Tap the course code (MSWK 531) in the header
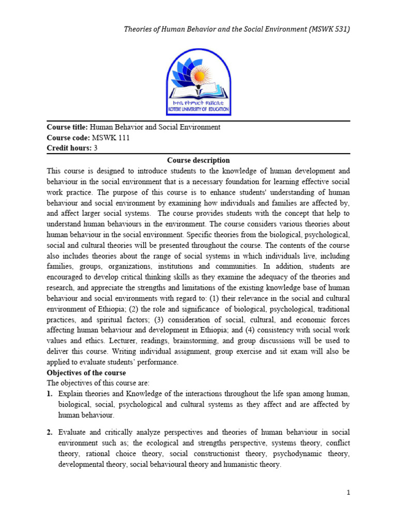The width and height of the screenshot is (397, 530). pyautogui.click(x=328, y=29)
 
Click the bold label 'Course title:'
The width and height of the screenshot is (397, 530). pyautogui.click(x=68, y=127)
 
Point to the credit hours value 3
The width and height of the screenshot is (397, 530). pyautogui.click(x=96, y=148)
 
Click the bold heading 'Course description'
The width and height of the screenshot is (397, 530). pyautogui.click(x=198, y=160)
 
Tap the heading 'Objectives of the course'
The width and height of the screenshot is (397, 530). pyautogui.click(x=86, y=373)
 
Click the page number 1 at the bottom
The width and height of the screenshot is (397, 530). pyautogui.click(x=349, y=493)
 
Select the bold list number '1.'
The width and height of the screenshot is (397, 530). pyautogui.click(x=50, y=394)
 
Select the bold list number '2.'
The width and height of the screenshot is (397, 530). pyautogui.click(x=50, y=432)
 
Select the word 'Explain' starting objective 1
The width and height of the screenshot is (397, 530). pyautogui.click(x=71, y=394)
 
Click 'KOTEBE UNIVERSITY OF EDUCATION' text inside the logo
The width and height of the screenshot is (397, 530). pyautogui.click(x=198, y=110)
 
